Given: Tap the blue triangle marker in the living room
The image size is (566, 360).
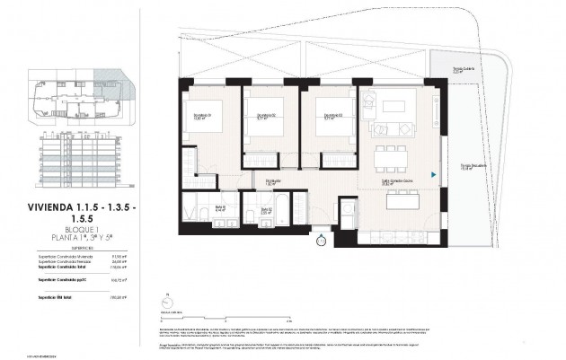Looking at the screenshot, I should click(434, 175).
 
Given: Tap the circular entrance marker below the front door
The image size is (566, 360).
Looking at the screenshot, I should click(321, 239).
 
